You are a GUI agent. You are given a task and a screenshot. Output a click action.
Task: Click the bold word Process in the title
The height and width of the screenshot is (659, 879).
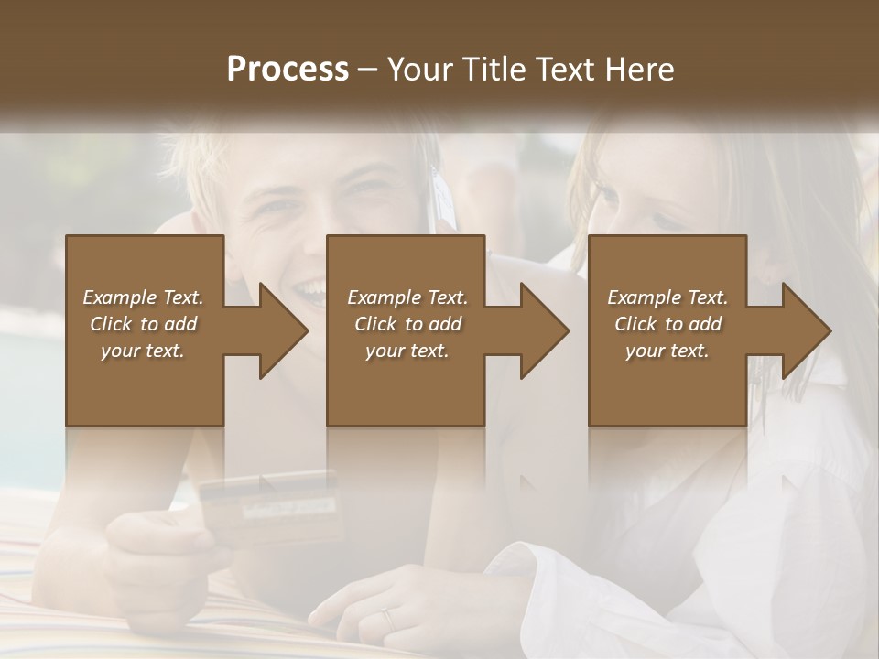click(x=288, y=70)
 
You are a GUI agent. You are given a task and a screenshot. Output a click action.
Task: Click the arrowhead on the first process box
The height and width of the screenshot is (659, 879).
click(x=281, y=330)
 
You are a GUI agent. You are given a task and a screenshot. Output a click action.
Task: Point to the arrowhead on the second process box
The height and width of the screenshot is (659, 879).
click(x=543, y=330)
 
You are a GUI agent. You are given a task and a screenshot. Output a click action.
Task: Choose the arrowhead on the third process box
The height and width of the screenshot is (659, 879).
click(x=805, y=330)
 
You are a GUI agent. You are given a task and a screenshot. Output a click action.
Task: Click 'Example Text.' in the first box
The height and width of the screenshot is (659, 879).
click(x=143, y=297)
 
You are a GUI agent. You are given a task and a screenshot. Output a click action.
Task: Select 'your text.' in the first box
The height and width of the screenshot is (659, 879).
click(x=143, y=351)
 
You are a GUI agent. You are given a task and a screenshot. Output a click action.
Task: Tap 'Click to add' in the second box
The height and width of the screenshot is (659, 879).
click(x=407, y=324)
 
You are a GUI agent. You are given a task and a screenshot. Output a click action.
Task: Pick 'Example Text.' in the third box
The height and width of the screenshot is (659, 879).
click(x=667, y=297)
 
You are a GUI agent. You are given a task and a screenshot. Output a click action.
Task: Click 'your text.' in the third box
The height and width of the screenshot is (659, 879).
click(x=667, y=351)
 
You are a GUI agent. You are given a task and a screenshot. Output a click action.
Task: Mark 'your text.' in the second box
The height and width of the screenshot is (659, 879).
click(x=407, y=351)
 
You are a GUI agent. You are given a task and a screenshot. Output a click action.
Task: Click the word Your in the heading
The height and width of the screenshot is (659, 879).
click(x=421, y=70)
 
